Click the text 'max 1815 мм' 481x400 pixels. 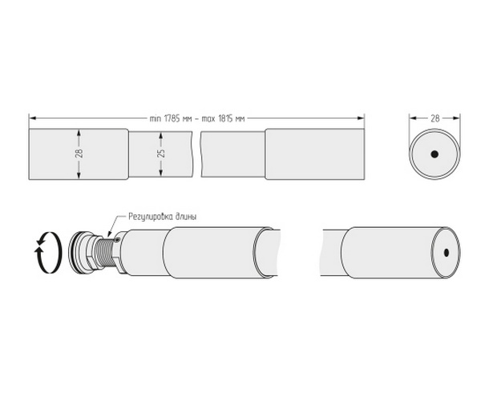point(224,118)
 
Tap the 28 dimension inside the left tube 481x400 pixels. point(79,153)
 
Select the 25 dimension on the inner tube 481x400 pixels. point(161,153)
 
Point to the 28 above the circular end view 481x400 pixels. point(435,118)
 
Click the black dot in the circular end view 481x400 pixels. point(435,154)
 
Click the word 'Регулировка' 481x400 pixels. point(150,218)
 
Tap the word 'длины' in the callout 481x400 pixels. point(186,217)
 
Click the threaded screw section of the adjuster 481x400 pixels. point(101,252)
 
